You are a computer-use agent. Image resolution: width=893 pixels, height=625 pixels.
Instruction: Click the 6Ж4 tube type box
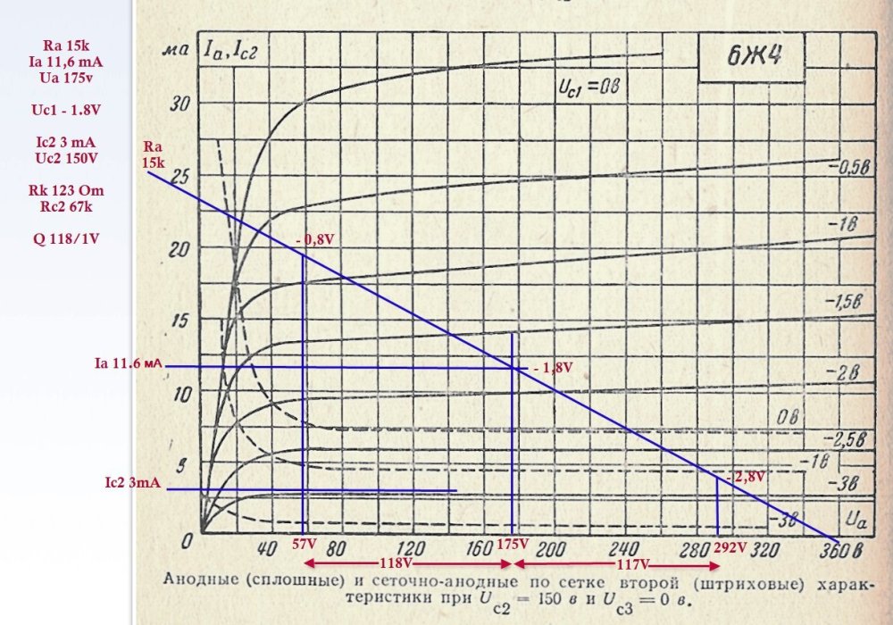coord(749,61)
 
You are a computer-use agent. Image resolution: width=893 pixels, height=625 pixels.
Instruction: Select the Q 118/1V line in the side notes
coord(66,239)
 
